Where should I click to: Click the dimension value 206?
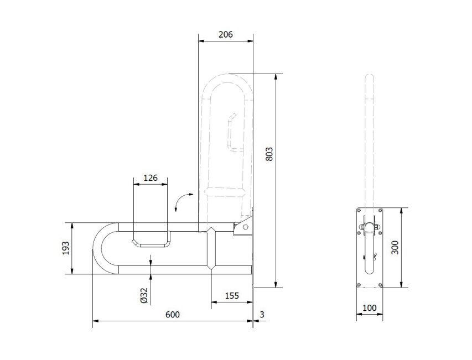(225, 35)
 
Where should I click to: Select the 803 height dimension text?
(269, 154)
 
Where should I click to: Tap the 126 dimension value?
(150, 178)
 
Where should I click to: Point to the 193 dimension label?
(66, 248)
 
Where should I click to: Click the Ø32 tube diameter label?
(144, 295)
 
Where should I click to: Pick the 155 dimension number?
(232, 296)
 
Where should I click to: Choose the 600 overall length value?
(173, 315)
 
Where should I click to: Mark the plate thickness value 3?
(262, 315)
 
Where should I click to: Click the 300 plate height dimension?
(395, 248)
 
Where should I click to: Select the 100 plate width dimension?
(369, 308)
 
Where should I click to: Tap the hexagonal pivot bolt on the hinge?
(246, 227)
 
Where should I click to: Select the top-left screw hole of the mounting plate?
(359, 211)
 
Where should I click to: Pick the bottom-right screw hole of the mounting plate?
(380, 284)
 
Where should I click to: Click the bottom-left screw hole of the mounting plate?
(359, 284)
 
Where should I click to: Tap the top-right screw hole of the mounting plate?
(380, 211)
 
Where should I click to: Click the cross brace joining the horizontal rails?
(211, 248)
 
